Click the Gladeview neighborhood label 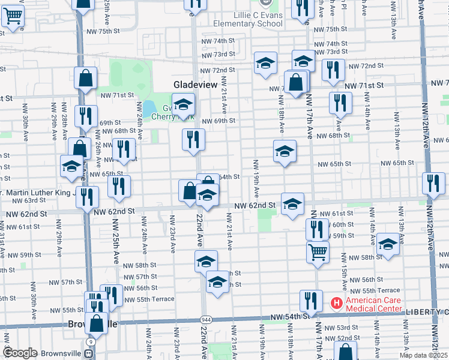click(x=195, y=85)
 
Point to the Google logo click(x=20, y=353)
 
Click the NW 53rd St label click(x=347, y=328)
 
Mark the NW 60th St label click(x=343, y=224)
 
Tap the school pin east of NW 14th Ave click(x=388, y=244)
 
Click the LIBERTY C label click(x=426, y=312)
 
